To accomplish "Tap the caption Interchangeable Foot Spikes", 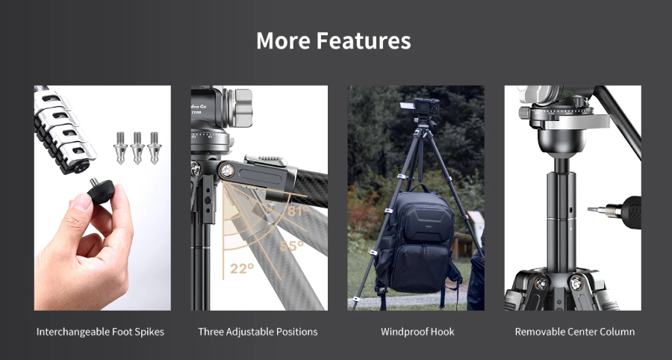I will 100,331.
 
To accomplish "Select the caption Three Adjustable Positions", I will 258,331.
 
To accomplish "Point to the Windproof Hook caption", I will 417,331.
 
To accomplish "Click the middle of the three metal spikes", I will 137,147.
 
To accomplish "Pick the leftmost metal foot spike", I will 121,147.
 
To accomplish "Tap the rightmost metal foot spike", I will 154,147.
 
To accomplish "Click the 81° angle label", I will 296,211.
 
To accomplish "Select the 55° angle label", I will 291,245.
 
